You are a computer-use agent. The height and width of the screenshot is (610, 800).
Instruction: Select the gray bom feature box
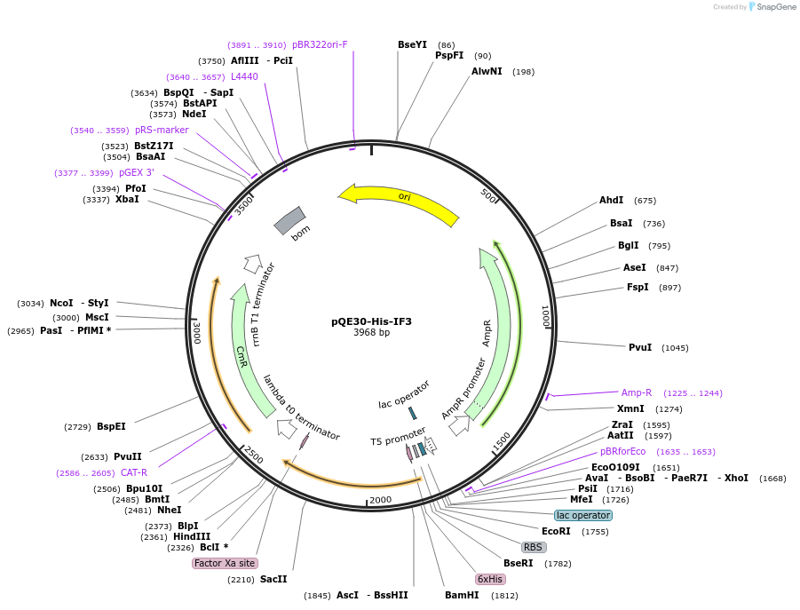(x=289, y=221)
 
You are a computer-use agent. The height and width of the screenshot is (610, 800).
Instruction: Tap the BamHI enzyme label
(x=462, y=595)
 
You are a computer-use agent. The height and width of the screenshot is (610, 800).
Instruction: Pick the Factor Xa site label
(x=225, y=563)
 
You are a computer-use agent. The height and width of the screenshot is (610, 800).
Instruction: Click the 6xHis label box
(x=490, y=579)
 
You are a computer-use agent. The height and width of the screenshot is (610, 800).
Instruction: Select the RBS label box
(x=533, y=547)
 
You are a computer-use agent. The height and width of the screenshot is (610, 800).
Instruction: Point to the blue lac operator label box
(x=583, y=515)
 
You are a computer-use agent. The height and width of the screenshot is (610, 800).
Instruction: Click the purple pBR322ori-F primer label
(x=320, y=44)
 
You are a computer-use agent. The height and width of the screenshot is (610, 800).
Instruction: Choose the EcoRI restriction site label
(x=556, y=531)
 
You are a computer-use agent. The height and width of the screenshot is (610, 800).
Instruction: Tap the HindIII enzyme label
(x=192, y=536)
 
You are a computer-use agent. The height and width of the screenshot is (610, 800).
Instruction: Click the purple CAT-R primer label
(x=134, y=472)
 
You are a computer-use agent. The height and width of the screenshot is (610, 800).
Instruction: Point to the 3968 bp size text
(x=371, y=333)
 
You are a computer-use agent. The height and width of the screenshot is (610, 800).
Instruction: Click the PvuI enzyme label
(x=640, y=347)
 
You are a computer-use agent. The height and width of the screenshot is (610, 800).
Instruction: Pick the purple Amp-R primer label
(x=637, y=392)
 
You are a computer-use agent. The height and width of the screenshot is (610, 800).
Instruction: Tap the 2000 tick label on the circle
(x=380, y=500)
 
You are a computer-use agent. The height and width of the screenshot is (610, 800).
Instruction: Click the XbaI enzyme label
(x=127, y=199)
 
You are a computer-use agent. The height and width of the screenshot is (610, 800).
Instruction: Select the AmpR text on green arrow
(x=487, y=333)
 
